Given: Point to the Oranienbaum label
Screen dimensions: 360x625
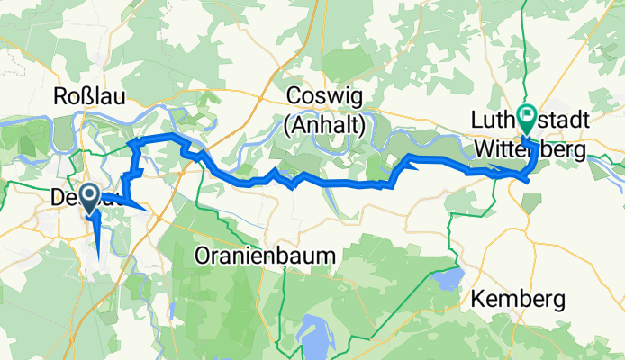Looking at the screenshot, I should tap(264, 256).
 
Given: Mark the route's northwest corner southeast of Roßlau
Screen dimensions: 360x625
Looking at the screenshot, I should tap(131, 142).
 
